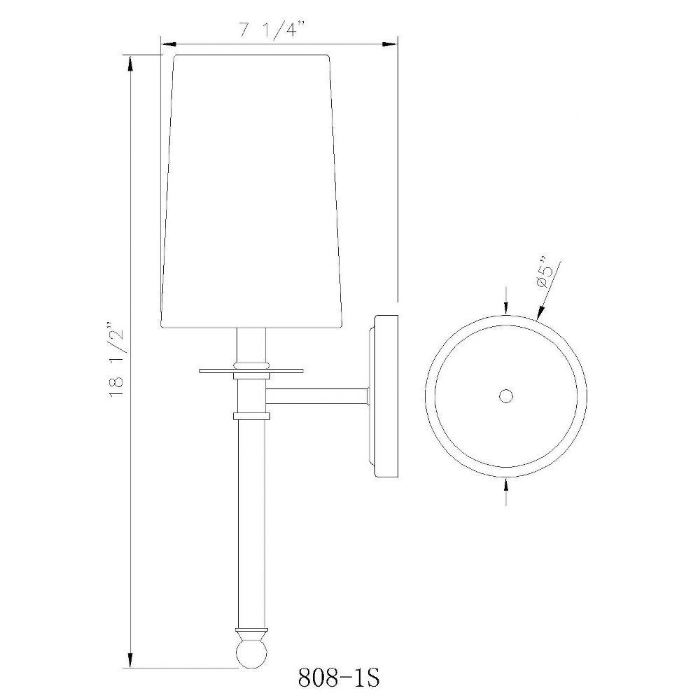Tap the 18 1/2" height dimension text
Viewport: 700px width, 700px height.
tap(116, 358)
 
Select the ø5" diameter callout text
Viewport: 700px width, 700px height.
tap(545, 273)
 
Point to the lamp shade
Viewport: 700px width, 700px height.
tap(252, 191)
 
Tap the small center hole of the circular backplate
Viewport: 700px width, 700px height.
tap(506, 396)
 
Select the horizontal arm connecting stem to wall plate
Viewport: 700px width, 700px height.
tap(317, 396)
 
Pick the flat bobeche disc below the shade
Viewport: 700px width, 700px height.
tap(251, 370)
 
